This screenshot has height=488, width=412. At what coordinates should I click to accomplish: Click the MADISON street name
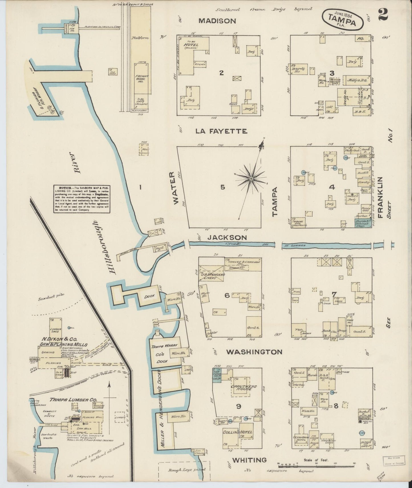tap(217, 21)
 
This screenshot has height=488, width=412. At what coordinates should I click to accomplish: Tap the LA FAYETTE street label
tap(221, 131)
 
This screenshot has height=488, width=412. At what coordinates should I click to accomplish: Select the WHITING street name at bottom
tap(249, 460)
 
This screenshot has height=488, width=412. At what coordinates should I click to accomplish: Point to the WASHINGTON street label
tap(254, 352)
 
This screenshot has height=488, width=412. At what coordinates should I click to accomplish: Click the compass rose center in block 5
tap(251, 179)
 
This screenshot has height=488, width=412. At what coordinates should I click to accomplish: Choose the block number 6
tap(227, 296)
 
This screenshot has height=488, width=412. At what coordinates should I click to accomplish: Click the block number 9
tap(239, 407)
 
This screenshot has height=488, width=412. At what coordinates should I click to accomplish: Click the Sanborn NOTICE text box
tap(82, 199)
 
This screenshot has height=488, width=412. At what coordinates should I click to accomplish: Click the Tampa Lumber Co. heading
tap(68, 400)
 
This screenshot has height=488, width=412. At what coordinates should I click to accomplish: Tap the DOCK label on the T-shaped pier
tap(149, 296)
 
